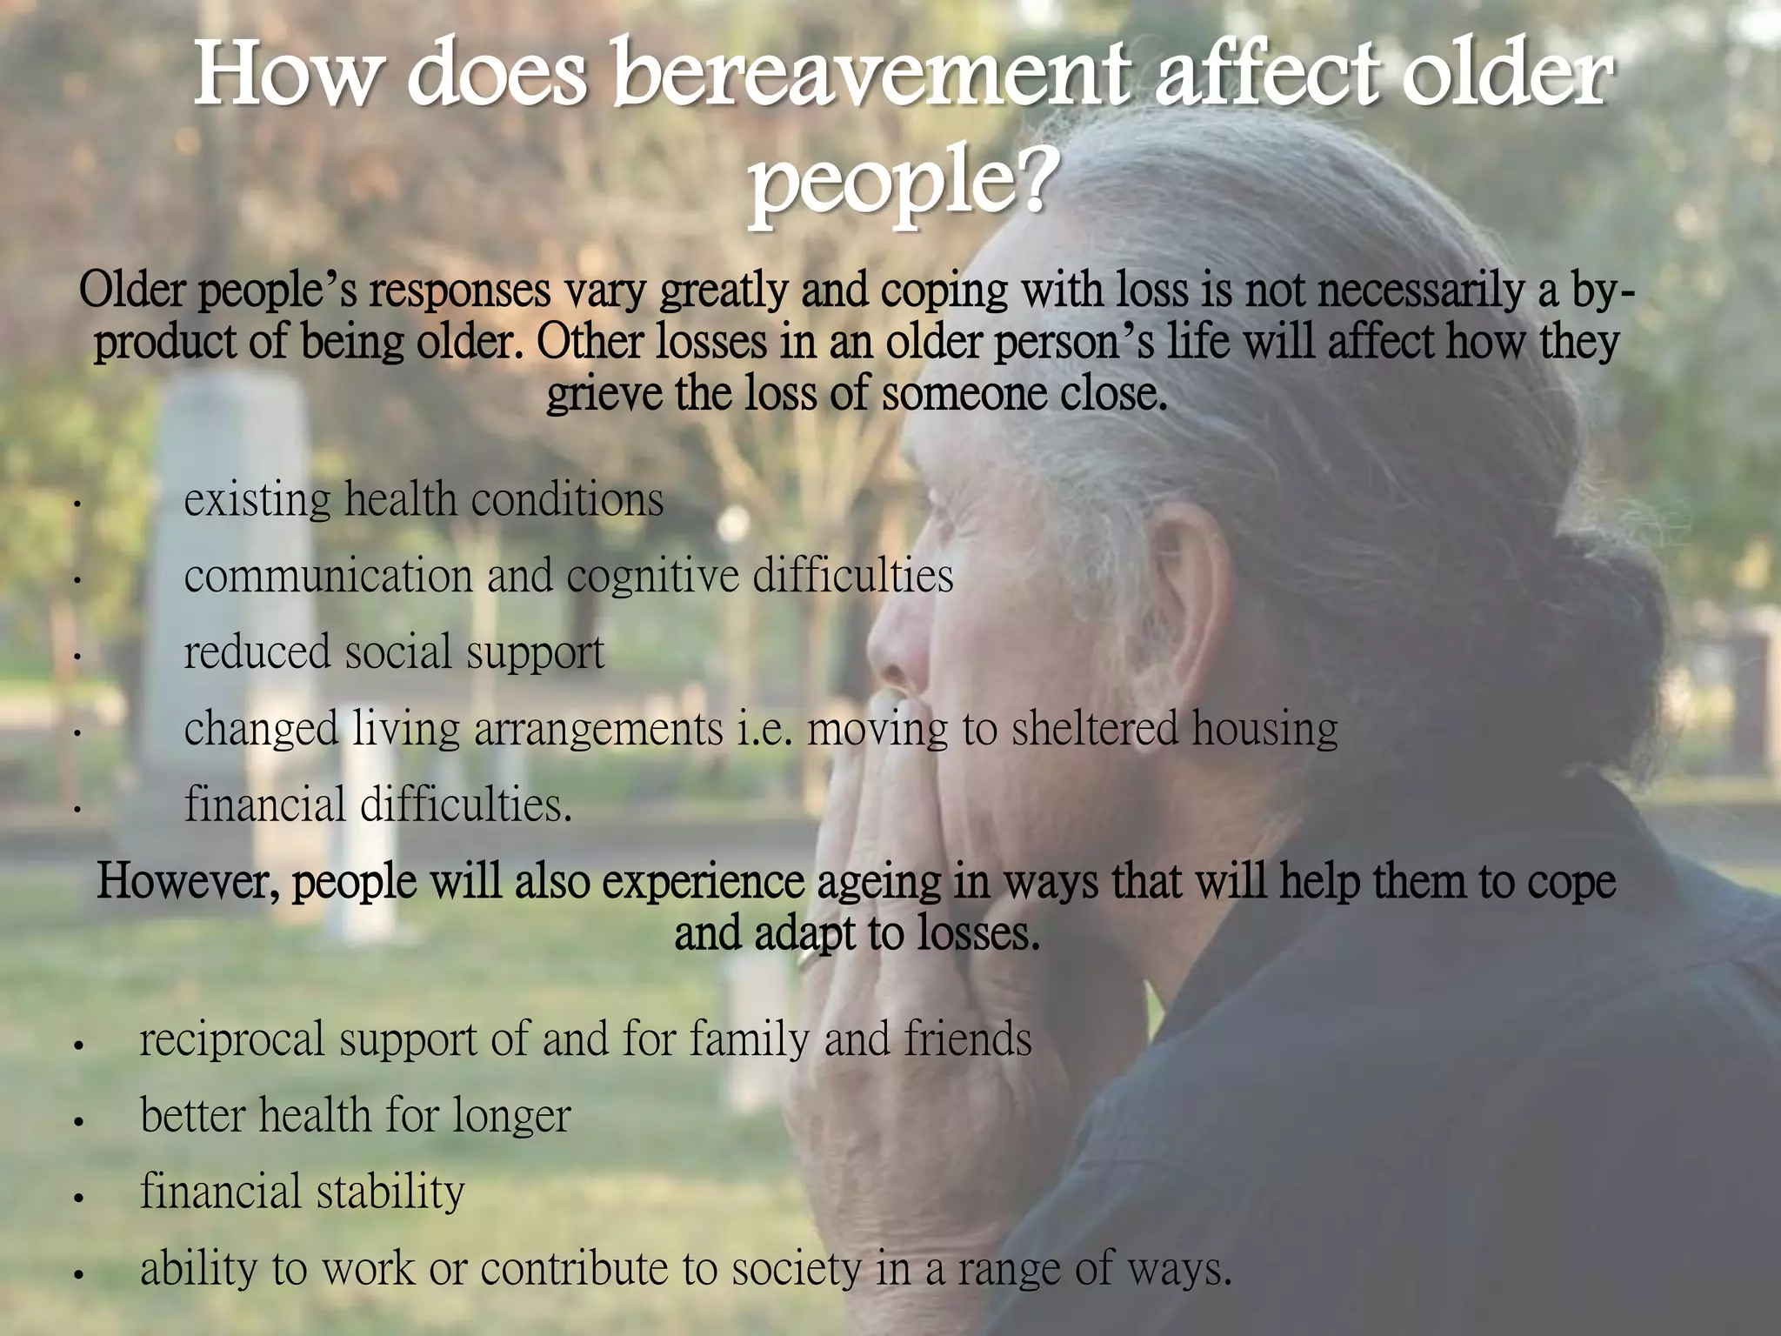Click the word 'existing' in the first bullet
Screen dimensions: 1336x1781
257,500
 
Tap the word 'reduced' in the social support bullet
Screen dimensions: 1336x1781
257,652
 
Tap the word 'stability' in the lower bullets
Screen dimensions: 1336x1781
390,1192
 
